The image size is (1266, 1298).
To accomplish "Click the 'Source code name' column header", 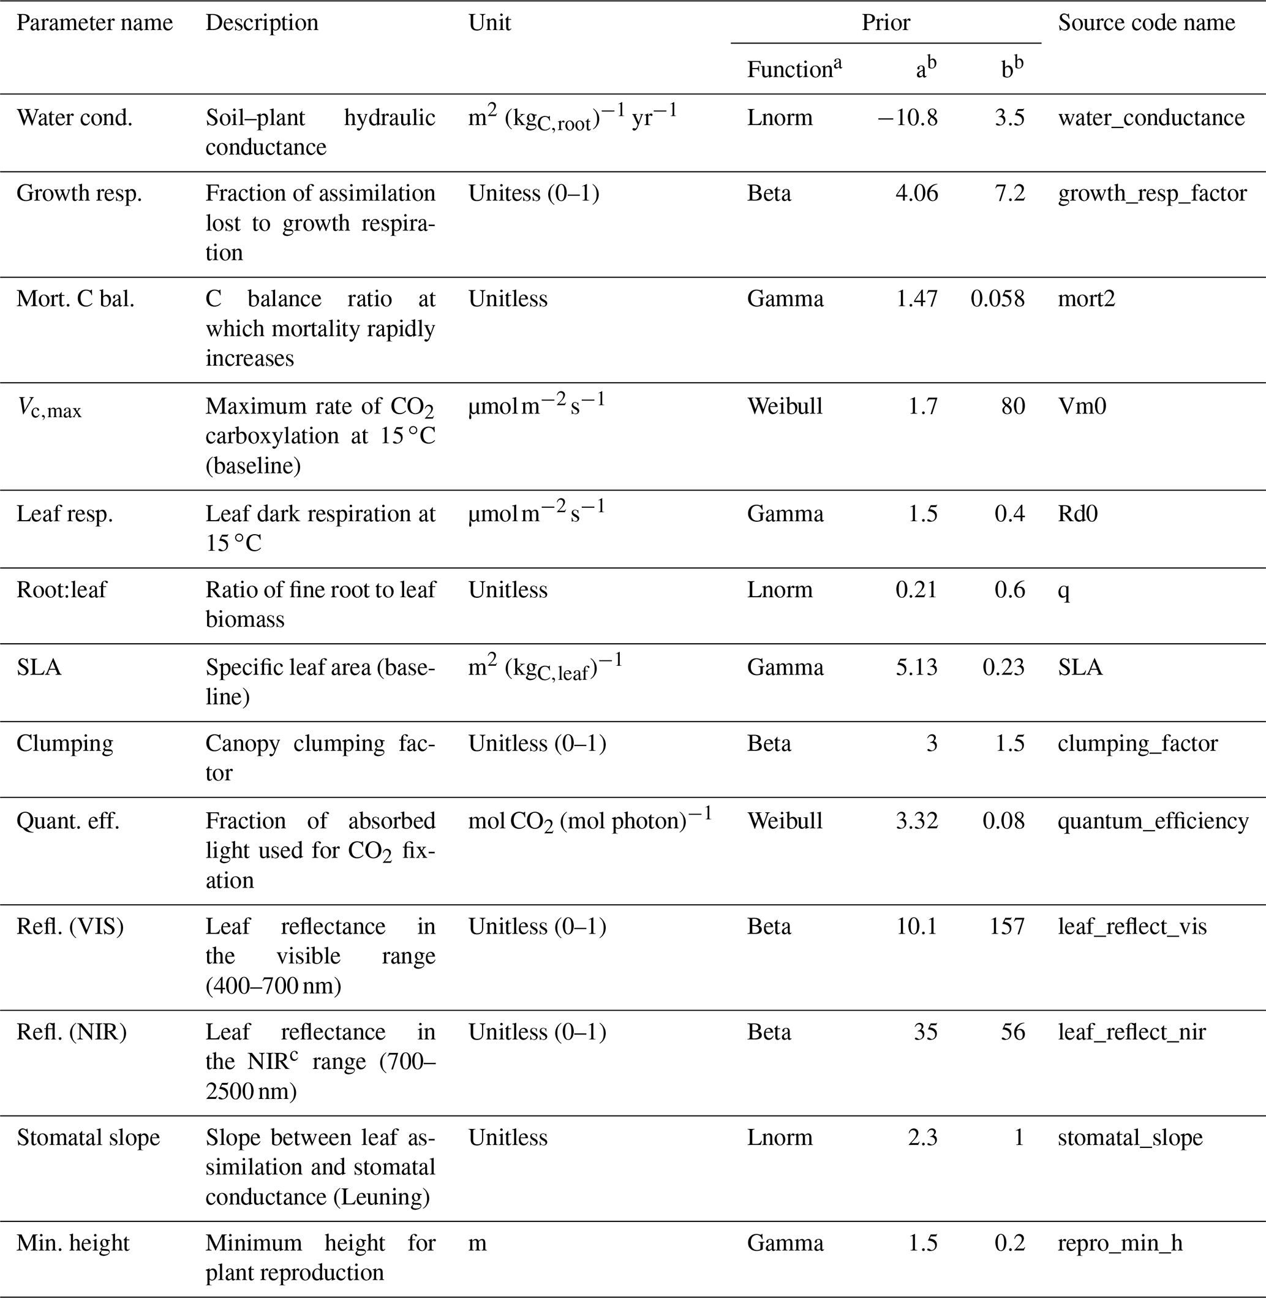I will (1146, 23).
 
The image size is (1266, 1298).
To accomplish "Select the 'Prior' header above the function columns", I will (886, 23).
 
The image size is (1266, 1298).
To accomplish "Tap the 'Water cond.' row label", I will (75, 118).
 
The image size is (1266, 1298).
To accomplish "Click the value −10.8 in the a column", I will (907, 118).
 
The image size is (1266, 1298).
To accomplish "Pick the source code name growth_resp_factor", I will (1151, 194).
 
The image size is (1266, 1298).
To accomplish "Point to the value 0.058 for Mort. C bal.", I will (997, 298).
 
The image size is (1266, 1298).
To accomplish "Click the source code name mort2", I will (1086, 298).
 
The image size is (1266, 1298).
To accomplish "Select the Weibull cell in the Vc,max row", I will (785, 406).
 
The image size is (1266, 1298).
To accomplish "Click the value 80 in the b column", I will (1012, 406).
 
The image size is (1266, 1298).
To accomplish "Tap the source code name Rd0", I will (1077, 513).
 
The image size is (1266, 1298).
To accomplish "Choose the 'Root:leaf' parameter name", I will (61, 590).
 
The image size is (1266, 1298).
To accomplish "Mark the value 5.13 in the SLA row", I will (916, 667).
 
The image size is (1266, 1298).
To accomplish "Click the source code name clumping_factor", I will (1137, 744).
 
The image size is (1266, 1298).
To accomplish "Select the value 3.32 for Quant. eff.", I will (916, 821).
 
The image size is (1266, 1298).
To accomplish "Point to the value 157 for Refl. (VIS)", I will (1007, 926).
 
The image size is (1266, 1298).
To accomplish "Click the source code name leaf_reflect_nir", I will (1132, 1032).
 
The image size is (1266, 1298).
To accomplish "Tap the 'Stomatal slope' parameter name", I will (88, 1138).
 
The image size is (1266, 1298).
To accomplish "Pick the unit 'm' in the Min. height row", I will (477, 1243).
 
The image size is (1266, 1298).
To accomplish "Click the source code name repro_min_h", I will (1120, 1243).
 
